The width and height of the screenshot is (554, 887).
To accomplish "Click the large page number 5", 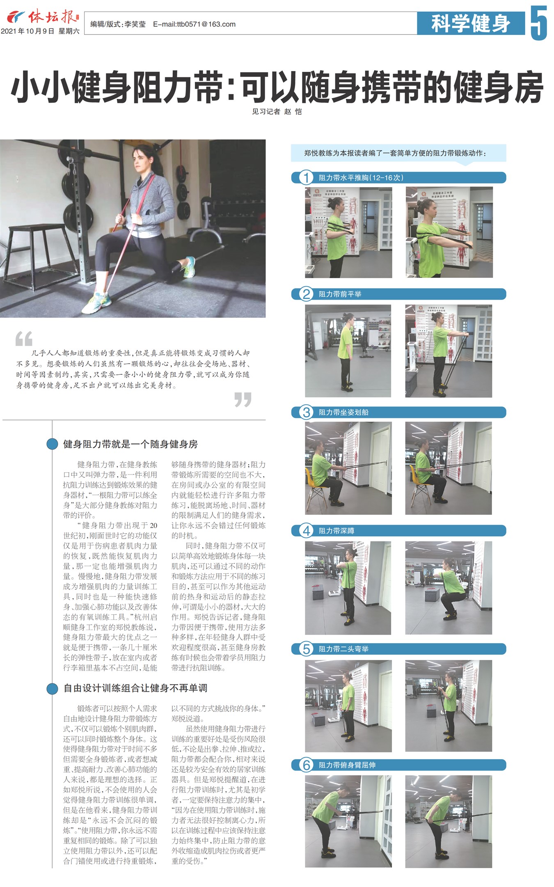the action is pos(539,23).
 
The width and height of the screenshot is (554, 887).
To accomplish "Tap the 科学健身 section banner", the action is pos(471,23).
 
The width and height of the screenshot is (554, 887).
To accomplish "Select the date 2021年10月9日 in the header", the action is pos(27,31).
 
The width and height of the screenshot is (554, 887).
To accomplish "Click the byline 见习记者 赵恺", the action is pos(277,112).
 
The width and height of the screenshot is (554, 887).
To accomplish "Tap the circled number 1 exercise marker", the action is pos(306,178).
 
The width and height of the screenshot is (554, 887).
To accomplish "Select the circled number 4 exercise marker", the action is pos(306,531).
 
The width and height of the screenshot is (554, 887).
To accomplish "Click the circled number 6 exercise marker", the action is pos(306,765).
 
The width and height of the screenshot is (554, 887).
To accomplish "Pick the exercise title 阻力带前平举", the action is pos(340,294).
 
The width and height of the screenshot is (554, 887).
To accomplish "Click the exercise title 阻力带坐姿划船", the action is pos(343,413).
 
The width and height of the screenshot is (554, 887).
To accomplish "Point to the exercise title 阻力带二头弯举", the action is pos(343,649).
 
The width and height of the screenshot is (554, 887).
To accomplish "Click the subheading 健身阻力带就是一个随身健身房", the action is pos(130,444).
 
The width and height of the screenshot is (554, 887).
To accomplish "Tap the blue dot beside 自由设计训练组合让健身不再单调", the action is pos(52,688).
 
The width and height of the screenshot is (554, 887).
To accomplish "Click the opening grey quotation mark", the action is pos(24,339).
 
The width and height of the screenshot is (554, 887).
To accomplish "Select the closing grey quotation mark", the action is pos(243,399).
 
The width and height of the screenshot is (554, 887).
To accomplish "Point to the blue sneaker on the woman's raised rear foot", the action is pos(189,266).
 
